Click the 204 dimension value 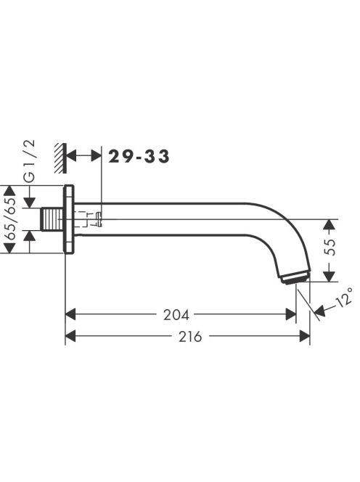(x=176, y=315)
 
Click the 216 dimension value (x=191, y=337)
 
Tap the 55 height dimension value (x=330, y=247)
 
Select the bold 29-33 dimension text (x=139, y=156)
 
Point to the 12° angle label (x=344, y=296)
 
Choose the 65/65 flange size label (x=11, y=219)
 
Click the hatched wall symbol (x=60, y=158)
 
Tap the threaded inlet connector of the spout (x=52, y=219)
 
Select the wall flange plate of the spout (x=68, y=219)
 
